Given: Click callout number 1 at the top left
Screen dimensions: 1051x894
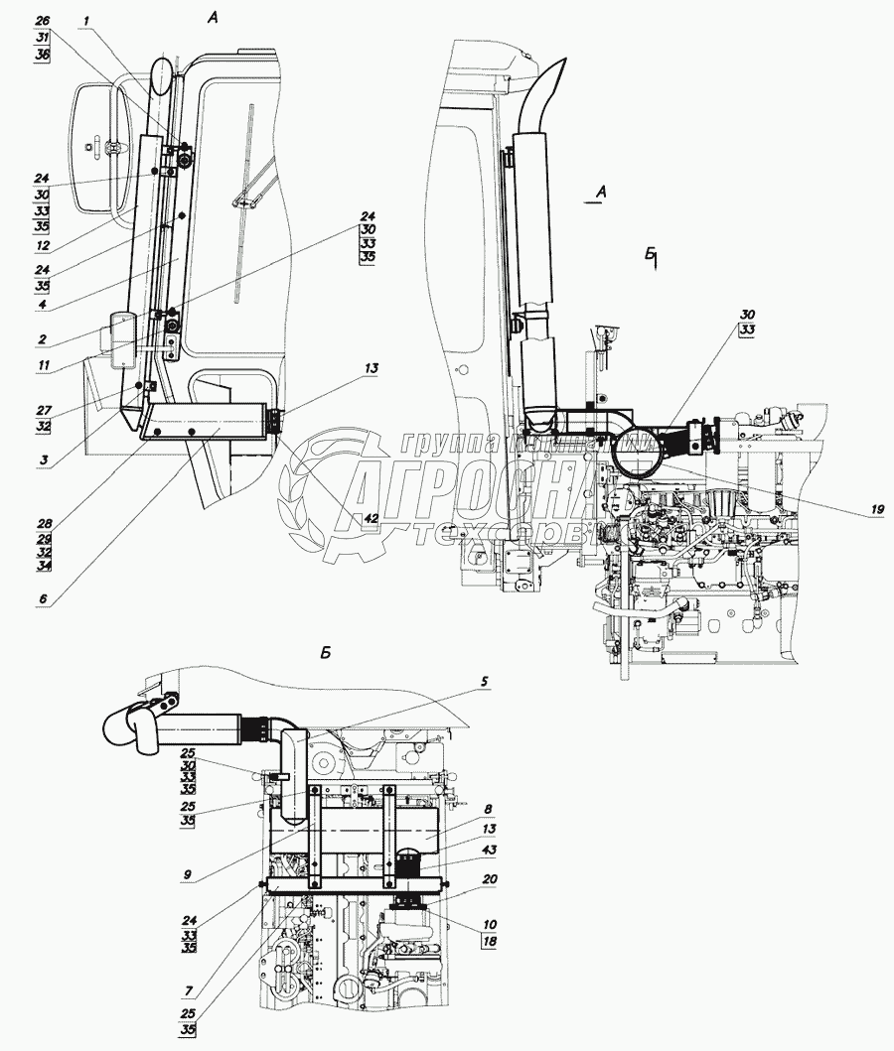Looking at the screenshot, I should pos(86,19).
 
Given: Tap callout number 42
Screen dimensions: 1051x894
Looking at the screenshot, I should pos(371,518).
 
